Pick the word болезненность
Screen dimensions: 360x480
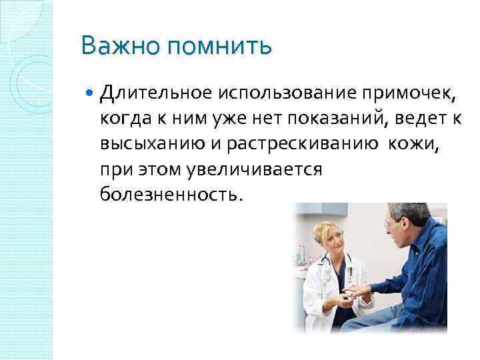point(171,195)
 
